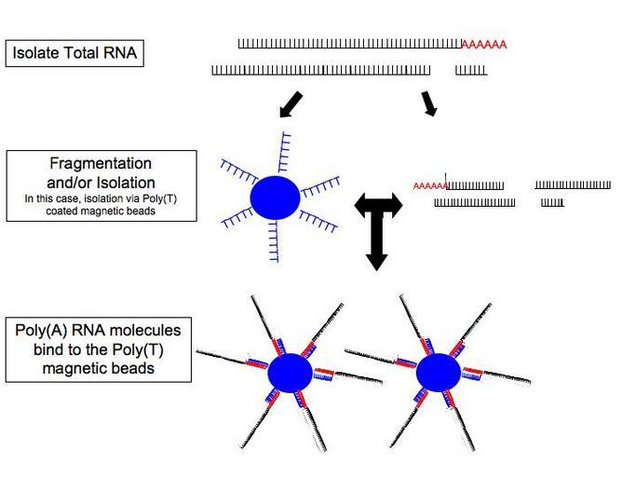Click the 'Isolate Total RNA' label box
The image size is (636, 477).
click(74, 53)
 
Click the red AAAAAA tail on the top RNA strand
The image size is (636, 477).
click(484, 45)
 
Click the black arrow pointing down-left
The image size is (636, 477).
click(291, 104)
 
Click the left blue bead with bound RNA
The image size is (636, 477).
click(290, 373)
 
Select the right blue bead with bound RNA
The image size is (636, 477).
click(437, 372)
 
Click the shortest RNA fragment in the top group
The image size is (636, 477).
click(471, 71)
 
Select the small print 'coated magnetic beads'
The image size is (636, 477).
click(101, 211)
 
